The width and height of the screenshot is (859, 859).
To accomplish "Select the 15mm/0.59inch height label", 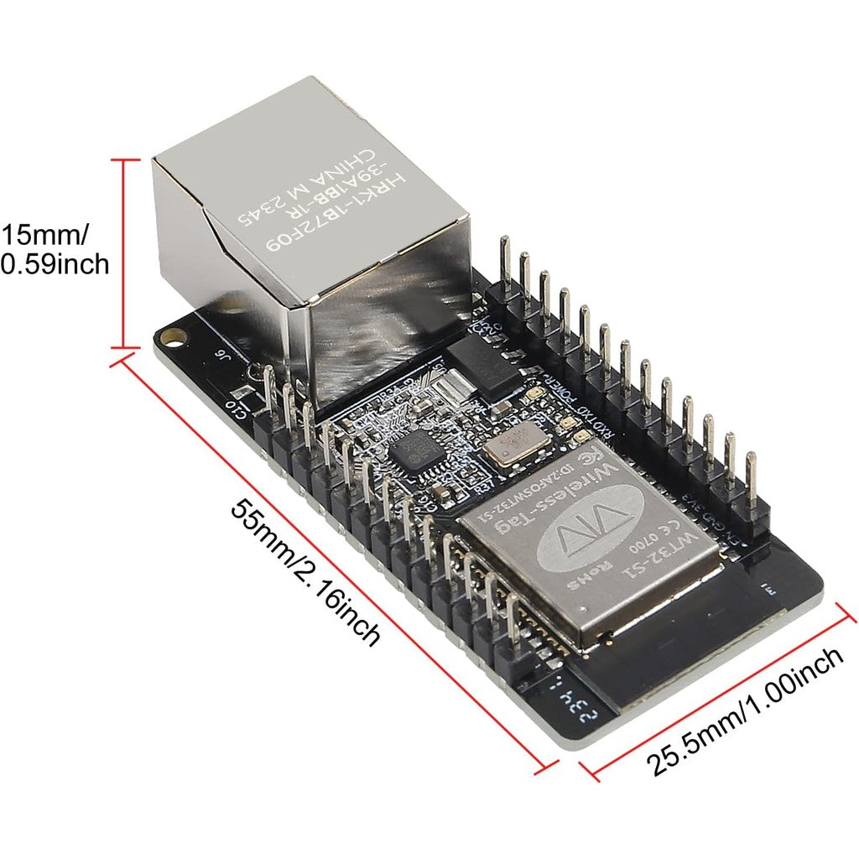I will [55, 249].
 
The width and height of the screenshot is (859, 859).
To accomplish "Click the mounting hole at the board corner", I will [174, 336].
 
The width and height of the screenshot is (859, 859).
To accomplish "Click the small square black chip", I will [413, 452].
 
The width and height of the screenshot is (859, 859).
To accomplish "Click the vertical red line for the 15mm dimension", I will [126, 252].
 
